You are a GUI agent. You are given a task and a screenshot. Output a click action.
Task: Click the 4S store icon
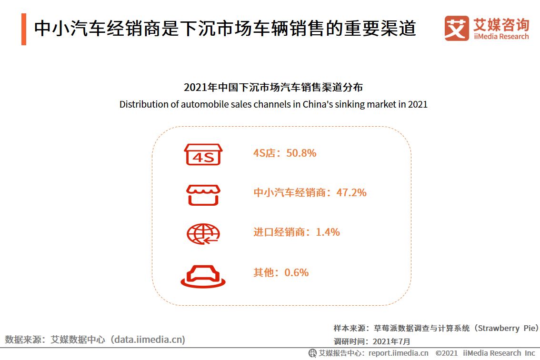click(x=203, y=154)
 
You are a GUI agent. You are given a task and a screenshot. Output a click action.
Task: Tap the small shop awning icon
click(x=203, y=194)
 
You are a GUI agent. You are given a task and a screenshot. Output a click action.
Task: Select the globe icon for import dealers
click(x=203, y=233)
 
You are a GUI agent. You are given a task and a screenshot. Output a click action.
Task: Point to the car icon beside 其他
click(x=203, y=274)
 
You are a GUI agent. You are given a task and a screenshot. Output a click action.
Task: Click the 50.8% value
click(x=301, y=153)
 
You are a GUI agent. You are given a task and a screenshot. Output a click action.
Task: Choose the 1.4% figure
click(x=328, y=232)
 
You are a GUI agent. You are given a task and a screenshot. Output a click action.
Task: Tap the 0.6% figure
click(x=296, y=272)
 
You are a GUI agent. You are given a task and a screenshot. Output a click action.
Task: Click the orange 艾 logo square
click(x=456, y=28)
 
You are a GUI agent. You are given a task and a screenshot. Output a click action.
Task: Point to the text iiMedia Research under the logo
click(x=501, y=37)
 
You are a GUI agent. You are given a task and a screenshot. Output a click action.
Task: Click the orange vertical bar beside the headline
click(x=24, y=29)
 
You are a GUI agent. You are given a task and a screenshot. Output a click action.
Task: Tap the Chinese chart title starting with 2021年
click(x=273, y=88)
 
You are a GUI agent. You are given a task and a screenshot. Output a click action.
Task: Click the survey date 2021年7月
click(x=391, y=341)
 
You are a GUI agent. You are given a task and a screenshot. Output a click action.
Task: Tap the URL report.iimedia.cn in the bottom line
click(x=398, y=353)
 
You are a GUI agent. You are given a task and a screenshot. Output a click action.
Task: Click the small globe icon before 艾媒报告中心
click(x=312, y=353)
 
